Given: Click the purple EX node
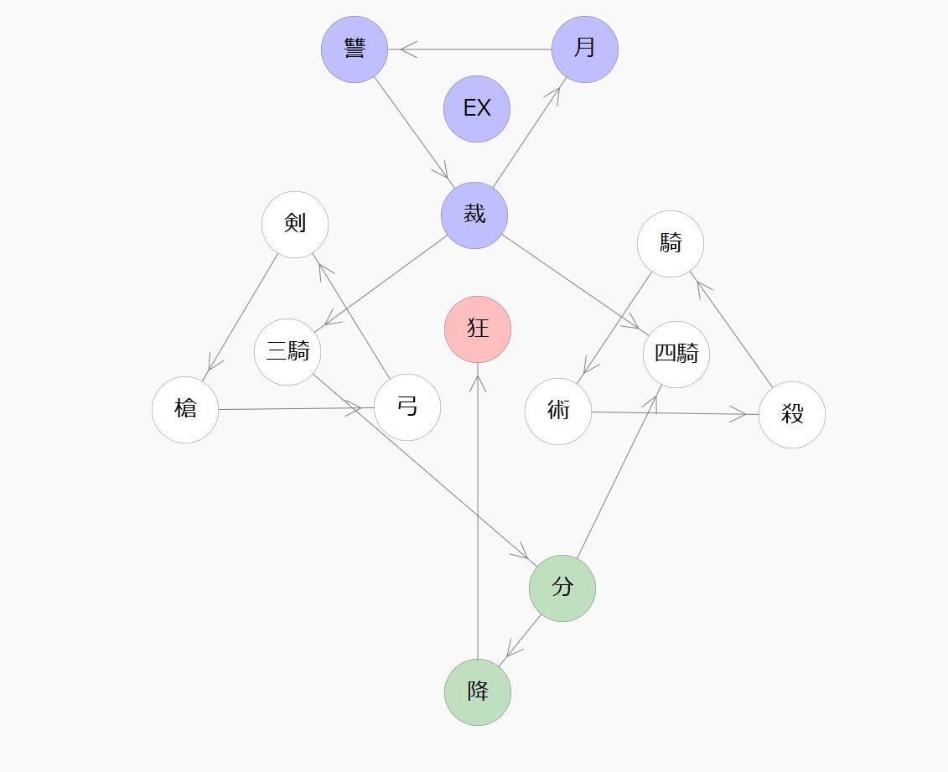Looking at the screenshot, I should tap(477, 108).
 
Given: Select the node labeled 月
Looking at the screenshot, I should tap(585, 49).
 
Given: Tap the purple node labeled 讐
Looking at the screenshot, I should tap(355, 49).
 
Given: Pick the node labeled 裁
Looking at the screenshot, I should tap(474, 215).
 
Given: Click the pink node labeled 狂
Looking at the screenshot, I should tap(478, 329).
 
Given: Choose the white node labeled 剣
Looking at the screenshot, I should tap(295, 224).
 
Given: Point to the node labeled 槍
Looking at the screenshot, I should tap(185, 410).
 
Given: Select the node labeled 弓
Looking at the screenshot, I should tap(407, 407).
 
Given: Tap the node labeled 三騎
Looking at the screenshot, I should tap(288, 352).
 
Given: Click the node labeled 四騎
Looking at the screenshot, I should tap(676, 355).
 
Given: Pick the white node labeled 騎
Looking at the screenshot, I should tap(671, 244).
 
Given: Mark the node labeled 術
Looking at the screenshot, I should tap(558, 412).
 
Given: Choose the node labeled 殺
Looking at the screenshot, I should tap(792, 414).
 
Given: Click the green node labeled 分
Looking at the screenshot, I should tap(562, 588).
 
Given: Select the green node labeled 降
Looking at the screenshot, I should tap(478, 692).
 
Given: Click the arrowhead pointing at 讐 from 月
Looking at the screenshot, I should tap(407, 49).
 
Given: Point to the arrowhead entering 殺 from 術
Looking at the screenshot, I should tap(739, 414).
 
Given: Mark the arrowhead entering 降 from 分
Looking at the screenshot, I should tap(511, 650).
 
